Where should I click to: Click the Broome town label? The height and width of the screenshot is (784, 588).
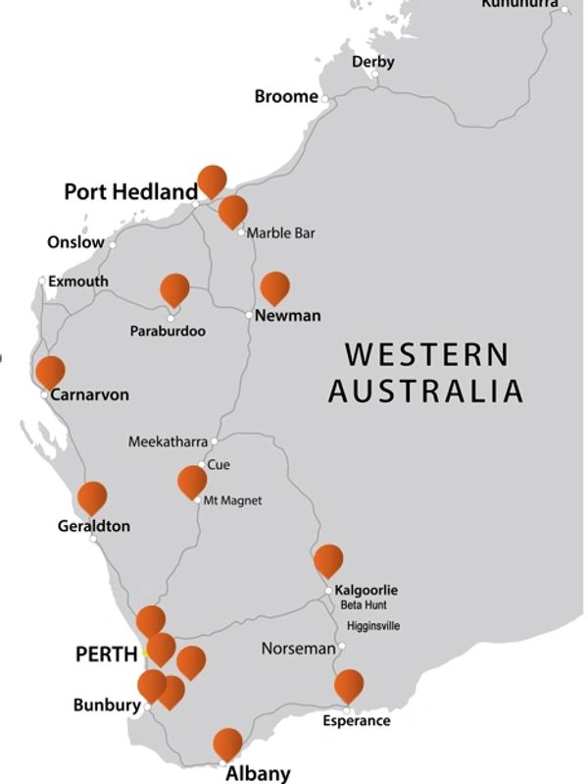[285, 96]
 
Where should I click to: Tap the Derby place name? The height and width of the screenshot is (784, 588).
[372, 62]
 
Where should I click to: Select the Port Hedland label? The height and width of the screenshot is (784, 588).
[130, 191]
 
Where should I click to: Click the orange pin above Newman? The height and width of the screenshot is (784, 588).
[274, 287]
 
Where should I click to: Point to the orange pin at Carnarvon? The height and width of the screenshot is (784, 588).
[50, 371]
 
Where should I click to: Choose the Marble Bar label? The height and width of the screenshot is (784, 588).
[280, 234]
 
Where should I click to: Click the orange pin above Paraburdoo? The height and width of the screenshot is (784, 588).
[174, 288]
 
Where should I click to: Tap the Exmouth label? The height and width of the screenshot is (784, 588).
[78, 282]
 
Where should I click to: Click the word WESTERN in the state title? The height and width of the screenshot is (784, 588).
[426, 354]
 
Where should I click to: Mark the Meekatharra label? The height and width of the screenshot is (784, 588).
[168, 443]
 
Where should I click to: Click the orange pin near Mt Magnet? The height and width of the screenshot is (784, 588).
[192, 481]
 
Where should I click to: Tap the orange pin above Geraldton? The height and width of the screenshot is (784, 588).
[92, 497]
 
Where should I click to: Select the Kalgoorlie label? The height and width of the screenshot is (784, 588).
[366, 590]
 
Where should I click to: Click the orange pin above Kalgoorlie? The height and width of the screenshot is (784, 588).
[328, 559]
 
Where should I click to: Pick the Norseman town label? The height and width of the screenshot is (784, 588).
[298, 649]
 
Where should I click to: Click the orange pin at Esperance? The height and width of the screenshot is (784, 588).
[348, 684]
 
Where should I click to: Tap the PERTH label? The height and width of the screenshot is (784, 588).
[106, 654]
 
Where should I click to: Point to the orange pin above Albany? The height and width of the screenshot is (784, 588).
[227, 743]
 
